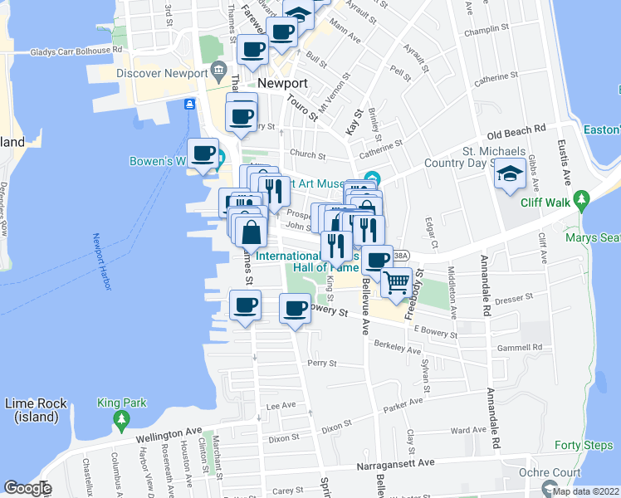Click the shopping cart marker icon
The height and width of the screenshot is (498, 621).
click(x=398, y=282)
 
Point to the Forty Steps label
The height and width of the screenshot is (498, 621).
click(x=590, y=445)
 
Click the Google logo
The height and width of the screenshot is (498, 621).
click(x=27, y=489)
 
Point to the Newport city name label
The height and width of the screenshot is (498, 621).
click(x=282, y=84)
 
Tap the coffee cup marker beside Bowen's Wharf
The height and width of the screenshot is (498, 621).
click(x=203, y=154)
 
